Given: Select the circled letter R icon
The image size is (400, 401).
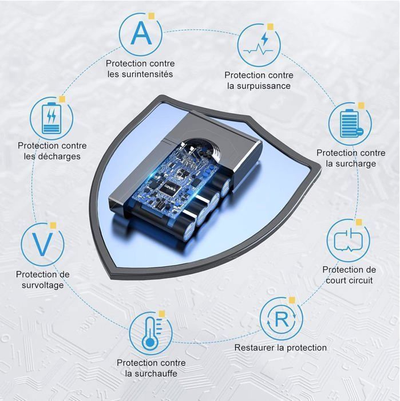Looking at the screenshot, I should tap(281, 320).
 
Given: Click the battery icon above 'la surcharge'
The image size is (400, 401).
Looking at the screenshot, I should tap(349, 124).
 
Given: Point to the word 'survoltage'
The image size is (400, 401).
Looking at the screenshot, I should tap(43, 285).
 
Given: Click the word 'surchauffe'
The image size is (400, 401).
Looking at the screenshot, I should tap(151, 374).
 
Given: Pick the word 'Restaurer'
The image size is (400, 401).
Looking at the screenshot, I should tap(255, 348).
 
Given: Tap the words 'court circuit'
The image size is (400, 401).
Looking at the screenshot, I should tap(349, 280).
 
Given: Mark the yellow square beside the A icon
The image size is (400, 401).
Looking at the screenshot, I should tap(151, 16).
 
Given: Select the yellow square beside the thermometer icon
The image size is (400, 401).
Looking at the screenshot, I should tap(161, 313).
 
